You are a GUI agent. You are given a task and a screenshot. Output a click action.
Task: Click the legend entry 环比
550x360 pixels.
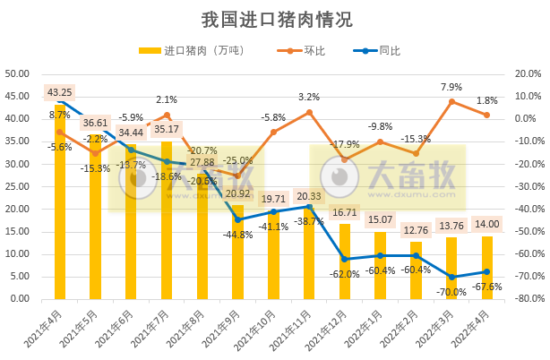point(314,51)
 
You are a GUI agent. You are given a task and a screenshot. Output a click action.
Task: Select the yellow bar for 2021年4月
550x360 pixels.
point(60,206)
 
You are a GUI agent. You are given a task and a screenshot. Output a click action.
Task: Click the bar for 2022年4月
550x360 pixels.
point(487,268)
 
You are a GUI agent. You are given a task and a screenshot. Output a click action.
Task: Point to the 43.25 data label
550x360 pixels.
point(60,91)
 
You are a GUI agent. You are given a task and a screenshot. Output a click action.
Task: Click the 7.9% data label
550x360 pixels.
point(451,87)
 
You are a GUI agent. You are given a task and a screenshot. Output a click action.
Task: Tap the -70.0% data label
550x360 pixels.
point(451,292)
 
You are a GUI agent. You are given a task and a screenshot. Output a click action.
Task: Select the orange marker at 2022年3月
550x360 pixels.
point(451,101)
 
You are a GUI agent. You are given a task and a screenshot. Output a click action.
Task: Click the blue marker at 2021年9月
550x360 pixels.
point(238,219)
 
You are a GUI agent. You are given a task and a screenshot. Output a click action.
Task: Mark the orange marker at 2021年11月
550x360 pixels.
point(309,112)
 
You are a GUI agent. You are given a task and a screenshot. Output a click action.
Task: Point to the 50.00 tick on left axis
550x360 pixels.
point(18,73)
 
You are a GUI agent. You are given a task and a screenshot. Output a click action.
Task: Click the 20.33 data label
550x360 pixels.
point(309,197)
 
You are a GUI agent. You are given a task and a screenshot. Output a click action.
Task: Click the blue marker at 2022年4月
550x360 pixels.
point(487,271)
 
